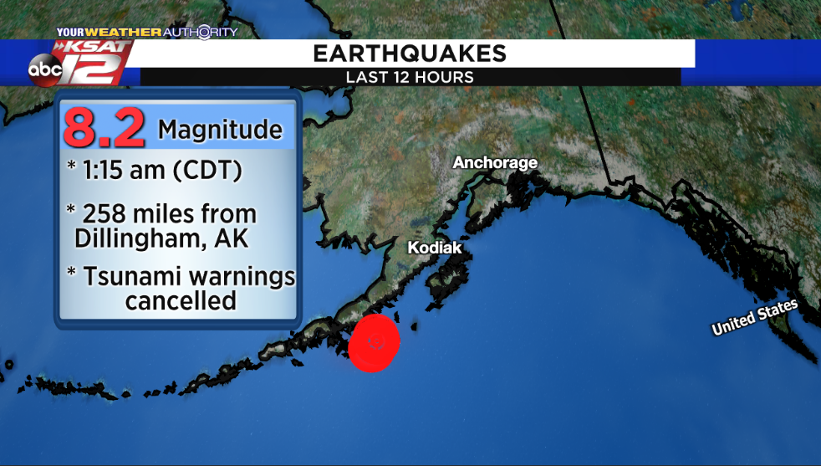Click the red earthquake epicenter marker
click(374, 342)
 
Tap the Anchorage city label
click(495, 162)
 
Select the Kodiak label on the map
click(434, 248)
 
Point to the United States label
click(754, 319)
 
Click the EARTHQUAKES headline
click(410, 54)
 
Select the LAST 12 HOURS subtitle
click(410, 77)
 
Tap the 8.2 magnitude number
click(105, 128)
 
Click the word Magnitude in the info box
click(220, 131)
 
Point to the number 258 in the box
click(110, 214)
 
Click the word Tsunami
click(134, 276)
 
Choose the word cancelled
click(181, 300)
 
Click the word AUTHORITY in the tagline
click(200, 33)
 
